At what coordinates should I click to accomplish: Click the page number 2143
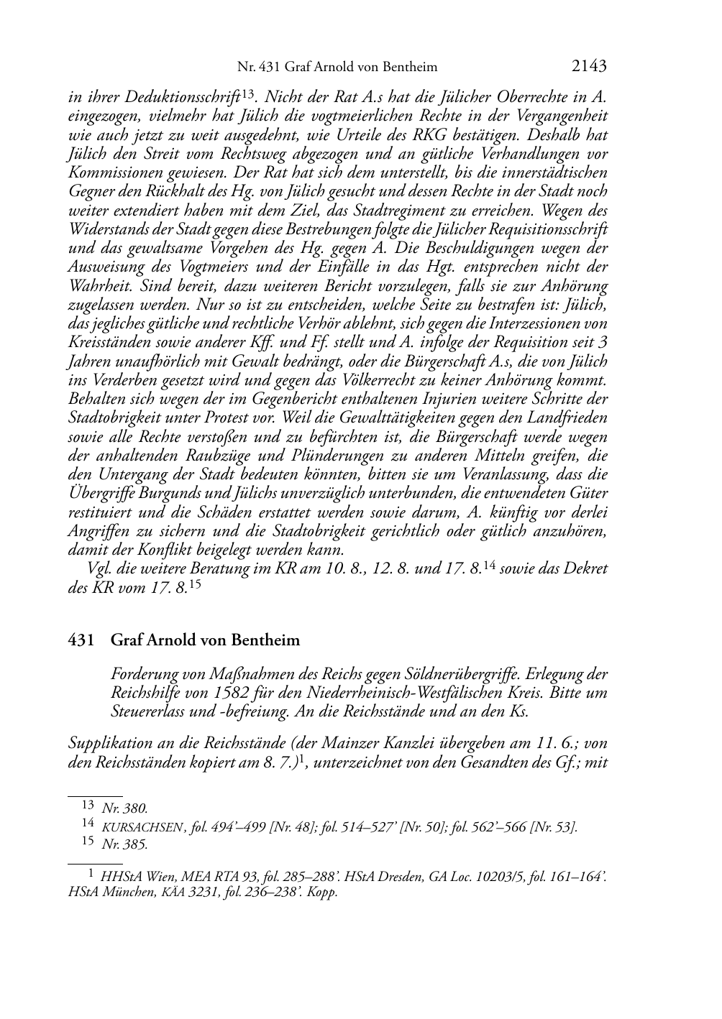(590, 66)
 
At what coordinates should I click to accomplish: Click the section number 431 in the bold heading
(81, 640)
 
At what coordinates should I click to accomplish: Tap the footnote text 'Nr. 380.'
(125, 808)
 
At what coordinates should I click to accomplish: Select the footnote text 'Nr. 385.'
(125, 845)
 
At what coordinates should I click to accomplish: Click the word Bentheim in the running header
(408, 67)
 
